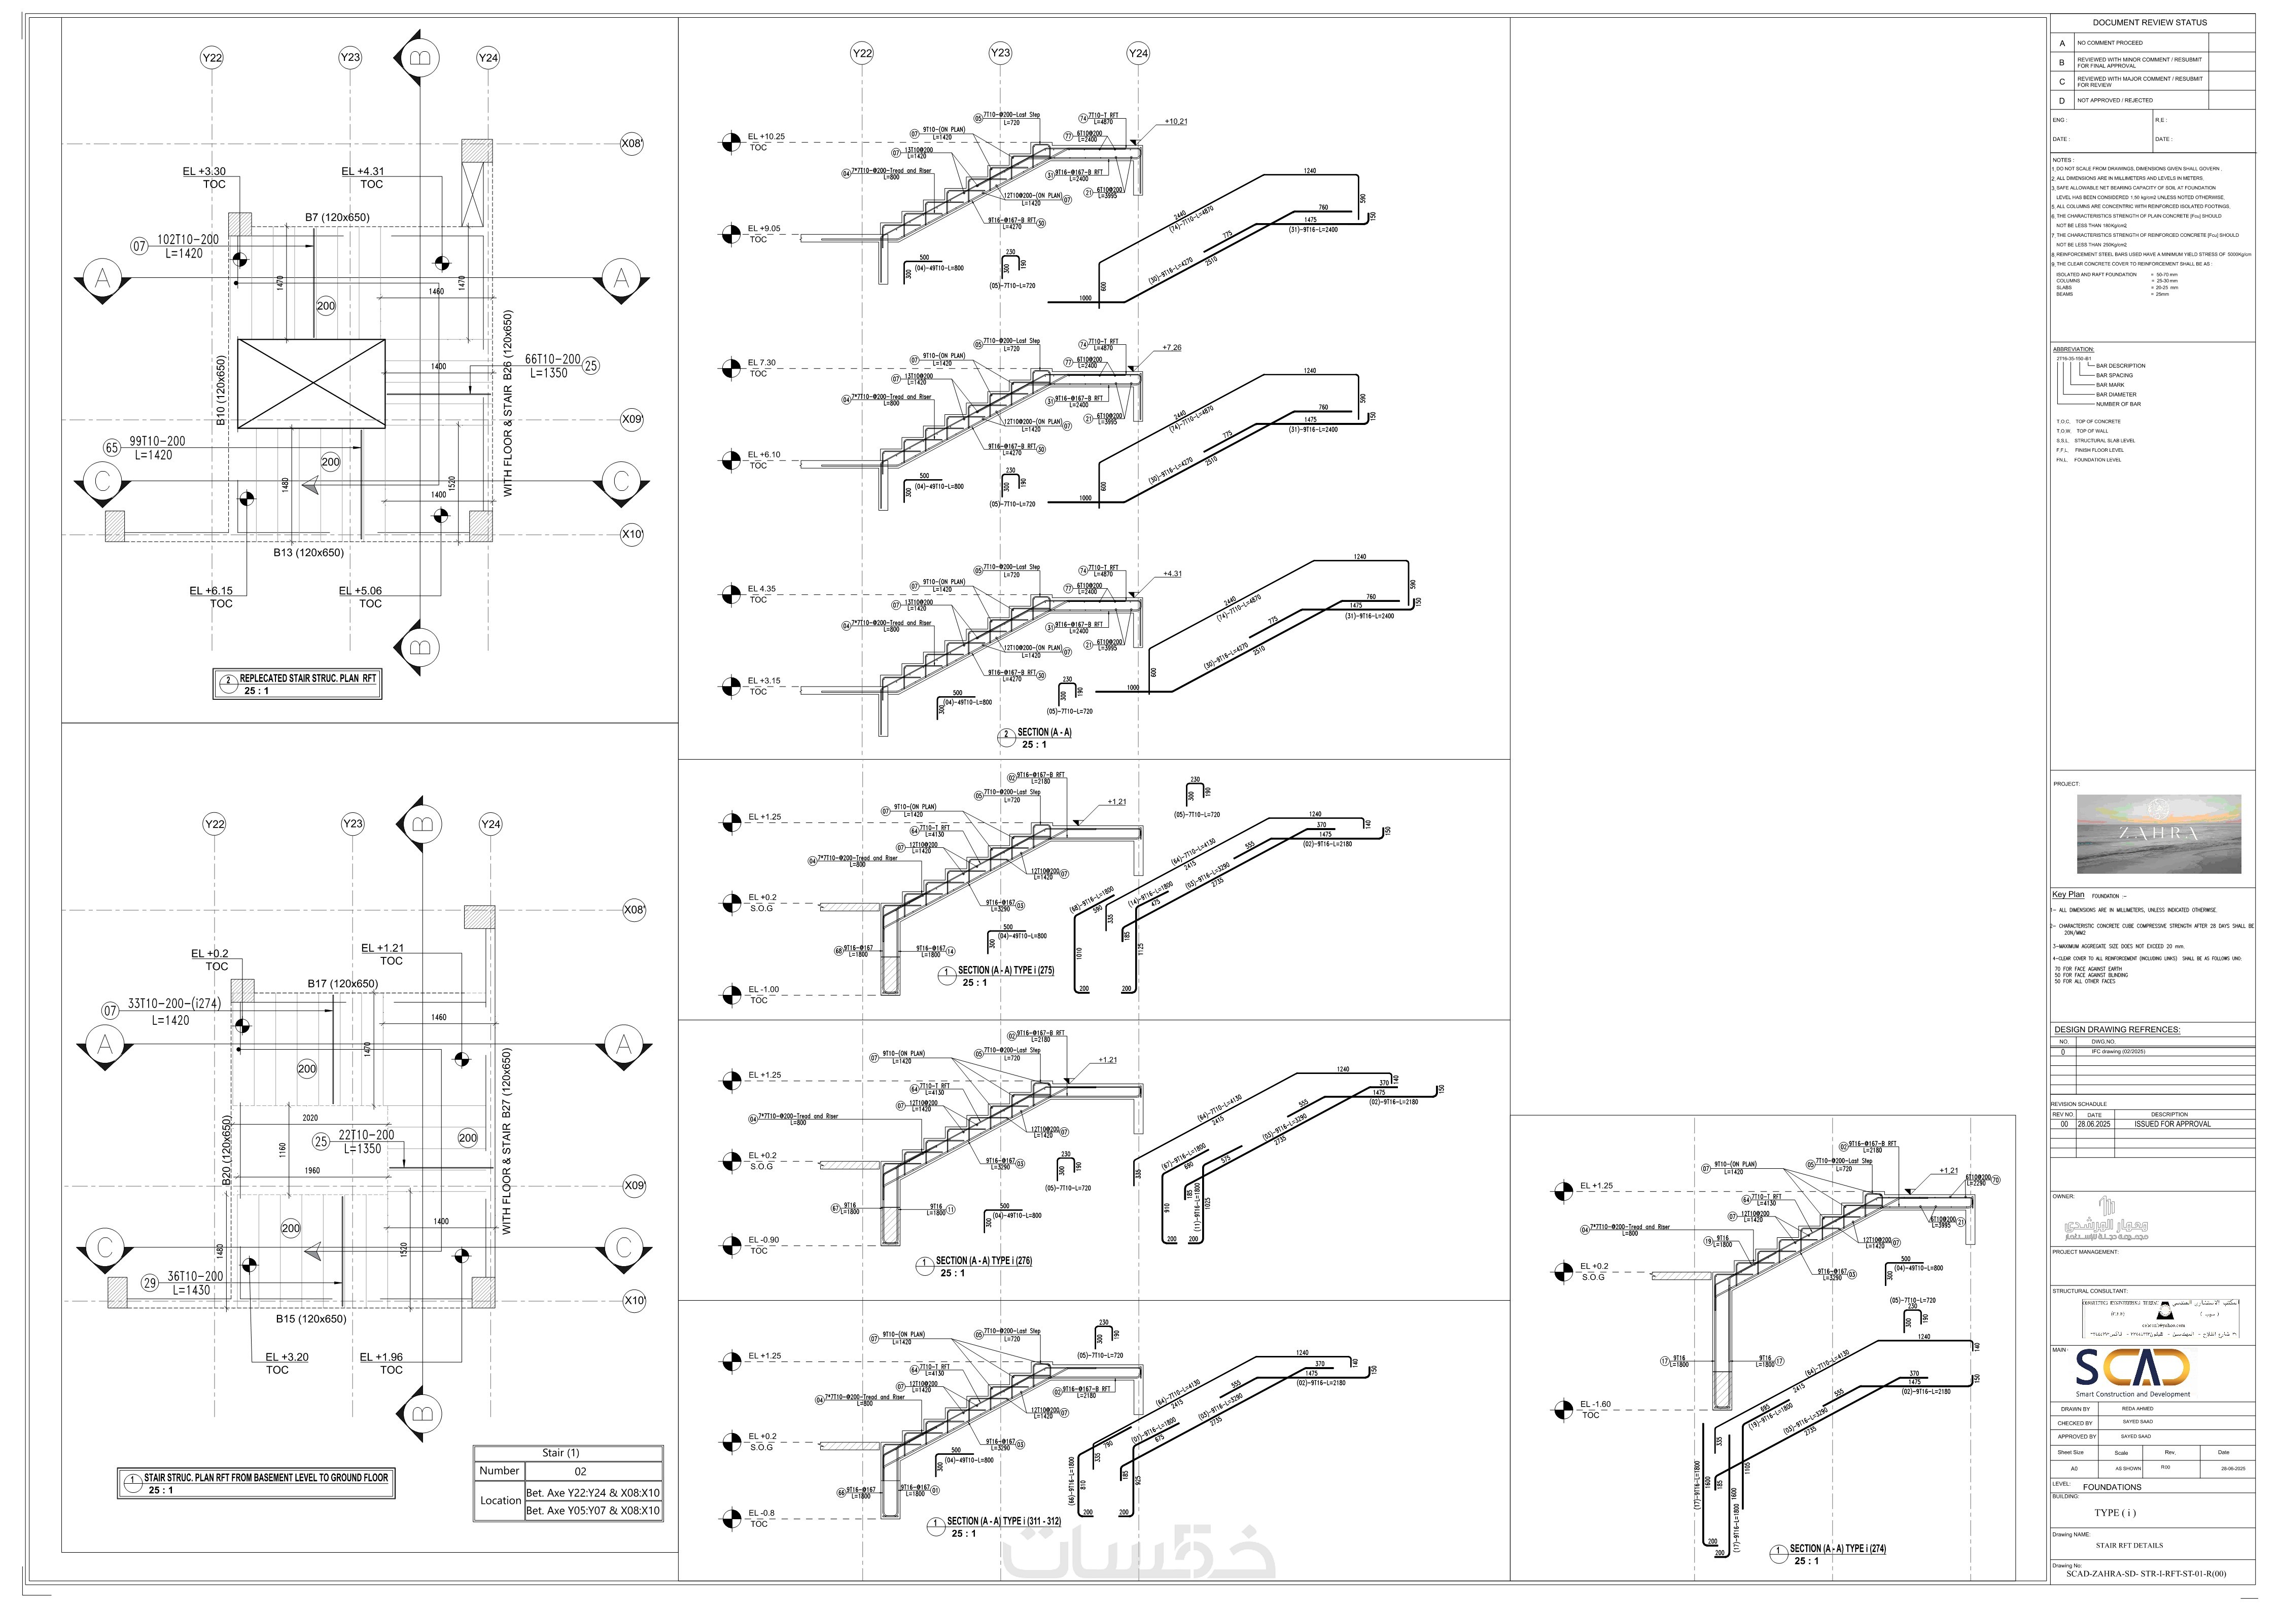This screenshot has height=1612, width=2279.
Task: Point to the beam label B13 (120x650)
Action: [x=309, y=553]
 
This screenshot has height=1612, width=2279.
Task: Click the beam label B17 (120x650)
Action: [x=341, y=984]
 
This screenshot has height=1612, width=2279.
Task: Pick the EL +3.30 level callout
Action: [x=204, y=172]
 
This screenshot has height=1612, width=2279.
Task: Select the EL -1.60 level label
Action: [x=1596, y=1405]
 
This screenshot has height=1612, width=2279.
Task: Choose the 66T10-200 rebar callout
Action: [x=552, y=360]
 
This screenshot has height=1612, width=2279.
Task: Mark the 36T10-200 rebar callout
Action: [x=195, y=1276]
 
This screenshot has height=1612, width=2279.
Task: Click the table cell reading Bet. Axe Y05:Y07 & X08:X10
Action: [x=592, y=1511]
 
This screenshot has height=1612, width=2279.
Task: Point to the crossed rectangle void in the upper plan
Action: [x=312, y=383]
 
